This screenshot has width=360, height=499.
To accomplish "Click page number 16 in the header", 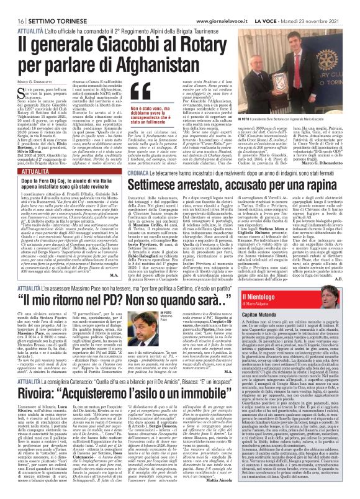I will point(12,5).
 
